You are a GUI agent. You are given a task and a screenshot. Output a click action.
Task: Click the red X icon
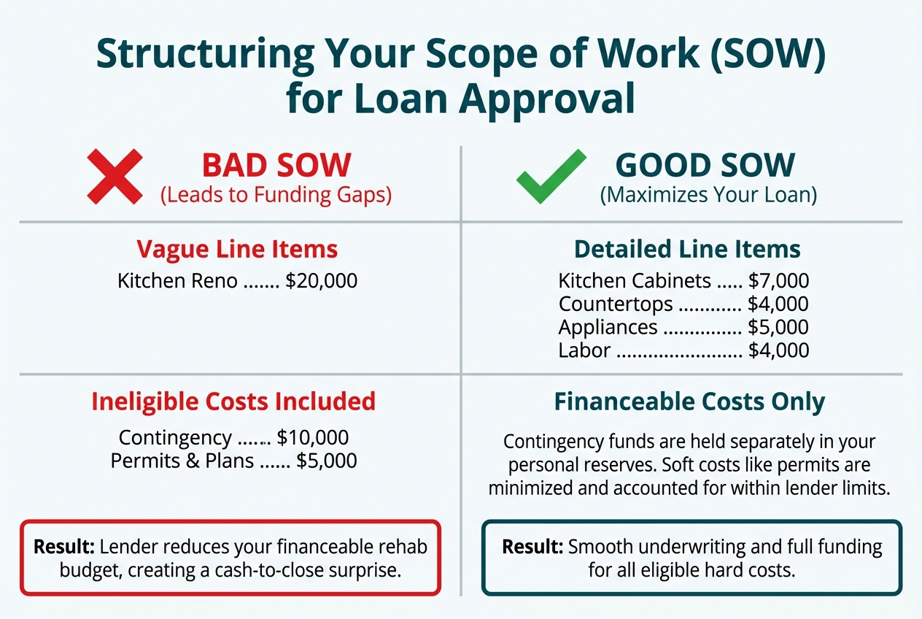[x=115, y=176]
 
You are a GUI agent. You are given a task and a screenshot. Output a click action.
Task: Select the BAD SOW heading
[x=276, y=166]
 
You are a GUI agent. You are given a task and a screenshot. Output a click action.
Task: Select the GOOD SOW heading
[x=705, y=166]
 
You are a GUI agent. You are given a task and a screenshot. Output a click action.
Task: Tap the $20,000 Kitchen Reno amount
[x=322, y=280]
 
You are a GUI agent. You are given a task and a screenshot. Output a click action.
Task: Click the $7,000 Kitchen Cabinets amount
[x=778, y=281]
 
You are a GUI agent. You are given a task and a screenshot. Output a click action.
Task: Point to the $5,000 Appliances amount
[x=778, y=327]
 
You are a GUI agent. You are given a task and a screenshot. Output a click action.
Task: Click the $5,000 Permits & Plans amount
[x=327, y=461]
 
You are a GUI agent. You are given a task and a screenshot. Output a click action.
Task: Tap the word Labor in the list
[x=584, y=350]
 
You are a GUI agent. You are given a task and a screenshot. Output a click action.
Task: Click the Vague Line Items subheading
[x=237, y=250]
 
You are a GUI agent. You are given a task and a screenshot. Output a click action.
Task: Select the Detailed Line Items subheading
[x=687, y=250]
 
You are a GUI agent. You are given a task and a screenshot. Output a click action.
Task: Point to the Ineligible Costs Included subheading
[x=233, y=401]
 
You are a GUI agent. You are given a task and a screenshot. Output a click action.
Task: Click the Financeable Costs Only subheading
[x=689, y=401]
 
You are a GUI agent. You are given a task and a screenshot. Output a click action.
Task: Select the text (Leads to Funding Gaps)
[x=276, y=196]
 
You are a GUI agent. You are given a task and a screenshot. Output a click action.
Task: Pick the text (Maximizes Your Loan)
[x=708, y=196]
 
